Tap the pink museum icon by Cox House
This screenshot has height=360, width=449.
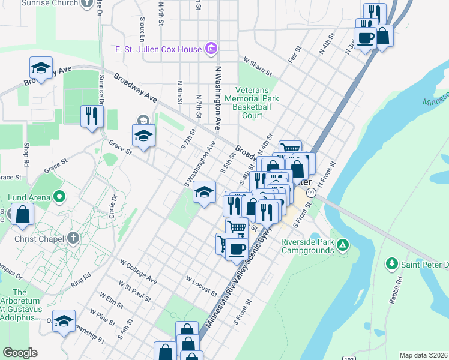pos(211,48)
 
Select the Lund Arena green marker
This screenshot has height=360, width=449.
pos(59,196)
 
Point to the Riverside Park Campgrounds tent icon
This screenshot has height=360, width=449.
pos(342,244)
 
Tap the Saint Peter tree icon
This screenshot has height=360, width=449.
pos(392,263)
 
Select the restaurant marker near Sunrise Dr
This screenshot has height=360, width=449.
pos(91,116)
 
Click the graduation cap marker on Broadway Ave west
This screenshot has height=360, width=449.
pos(41,68)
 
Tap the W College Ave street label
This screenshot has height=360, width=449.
pos(138,272)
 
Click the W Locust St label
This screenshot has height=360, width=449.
pos(201,286)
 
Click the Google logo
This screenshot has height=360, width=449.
pos(20,353)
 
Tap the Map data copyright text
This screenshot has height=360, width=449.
pos(424,355)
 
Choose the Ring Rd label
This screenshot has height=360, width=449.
pos(80,278)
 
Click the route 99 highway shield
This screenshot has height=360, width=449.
pos(311,193)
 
